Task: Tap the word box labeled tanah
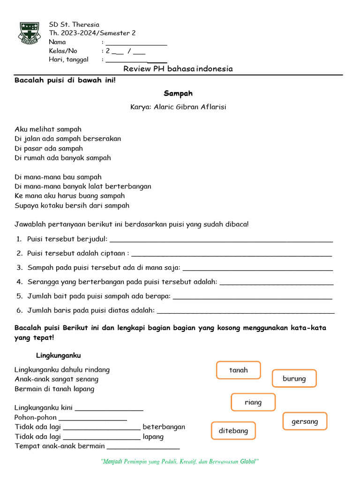239,370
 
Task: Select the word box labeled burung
294,379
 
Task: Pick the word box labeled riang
253,402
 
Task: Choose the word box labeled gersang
305,421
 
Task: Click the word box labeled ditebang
233,431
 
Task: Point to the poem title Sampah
178,93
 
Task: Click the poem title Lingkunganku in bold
59,356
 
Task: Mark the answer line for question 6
246,312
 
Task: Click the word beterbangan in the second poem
164,427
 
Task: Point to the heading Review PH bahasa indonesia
178,69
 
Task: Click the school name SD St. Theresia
74,24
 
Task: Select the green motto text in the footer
180,462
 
